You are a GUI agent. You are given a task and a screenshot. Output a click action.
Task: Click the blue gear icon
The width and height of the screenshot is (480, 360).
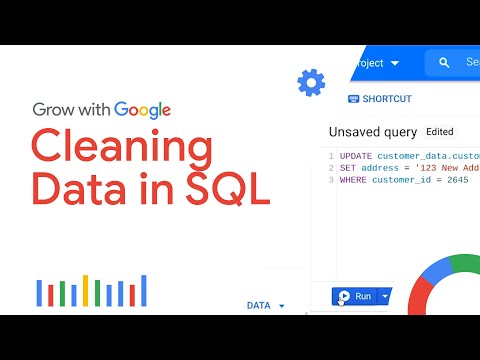click(x=311, y=82)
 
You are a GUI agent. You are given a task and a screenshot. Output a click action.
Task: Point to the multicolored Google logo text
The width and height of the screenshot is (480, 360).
click(x=142, y=110)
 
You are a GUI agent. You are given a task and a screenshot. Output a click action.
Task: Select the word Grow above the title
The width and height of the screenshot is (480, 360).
click(x=54, y=110)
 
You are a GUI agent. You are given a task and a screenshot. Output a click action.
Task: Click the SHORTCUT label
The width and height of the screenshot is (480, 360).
click(x=386, y=99)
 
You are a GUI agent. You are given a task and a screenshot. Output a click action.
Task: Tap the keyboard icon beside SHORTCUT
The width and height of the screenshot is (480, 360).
click(x=353, y=99)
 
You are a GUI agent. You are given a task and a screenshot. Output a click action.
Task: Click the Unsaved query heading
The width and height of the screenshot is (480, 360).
click(x=372, y=132)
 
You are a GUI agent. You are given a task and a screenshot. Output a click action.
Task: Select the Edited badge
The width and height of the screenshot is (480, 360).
click(x=439, y=131)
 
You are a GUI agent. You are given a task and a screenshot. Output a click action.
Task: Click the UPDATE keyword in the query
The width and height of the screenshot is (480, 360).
click(x=357, y=156)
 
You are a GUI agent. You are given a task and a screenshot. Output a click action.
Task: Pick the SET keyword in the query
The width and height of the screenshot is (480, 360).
click(x=349, y=168)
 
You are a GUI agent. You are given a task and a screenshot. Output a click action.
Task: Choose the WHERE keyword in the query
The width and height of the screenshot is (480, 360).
click(x=354, y=180)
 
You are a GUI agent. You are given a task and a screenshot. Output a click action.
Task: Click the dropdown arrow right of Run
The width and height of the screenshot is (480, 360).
click(x=386, y=296)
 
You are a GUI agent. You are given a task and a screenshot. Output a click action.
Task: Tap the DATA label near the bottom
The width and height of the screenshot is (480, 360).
click(x=258, y=305)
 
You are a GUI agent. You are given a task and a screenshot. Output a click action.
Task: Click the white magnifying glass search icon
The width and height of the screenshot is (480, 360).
click(x=443, y=63)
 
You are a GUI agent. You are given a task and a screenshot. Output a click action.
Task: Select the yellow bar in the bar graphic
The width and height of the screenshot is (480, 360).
click(x=86, y=290)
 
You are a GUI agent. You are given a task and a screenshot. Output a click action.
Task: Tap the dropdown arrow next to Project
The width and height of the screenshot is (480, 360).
click(x=394, y=63)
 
